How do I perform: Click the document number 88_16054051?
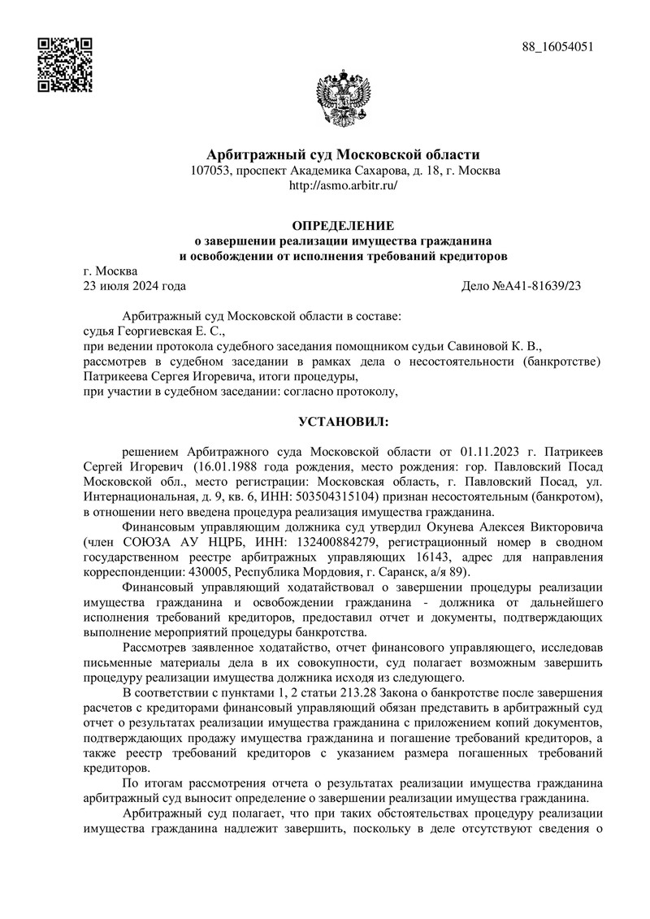(558, 46)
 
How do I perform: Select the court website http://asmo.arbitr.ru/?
(342, 185)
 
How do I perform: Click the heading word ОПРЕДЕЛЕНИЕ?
(342, 225)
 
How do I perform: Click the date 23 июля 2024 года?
(135, 285)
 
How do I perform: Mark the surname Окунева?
(426, 526)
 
